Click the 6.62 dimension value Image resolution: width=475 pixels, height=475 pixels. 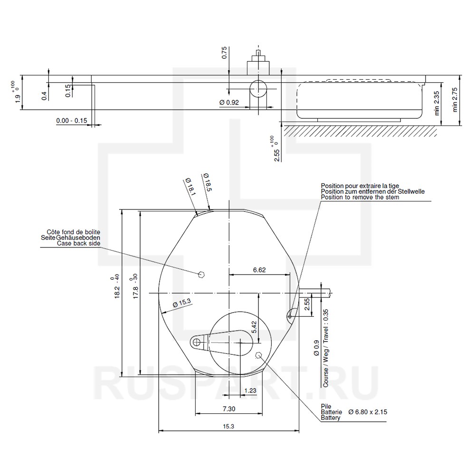click(x=259, y=270)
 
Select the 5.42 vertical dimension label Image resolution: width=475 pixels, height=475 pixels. click(x=254, y=327)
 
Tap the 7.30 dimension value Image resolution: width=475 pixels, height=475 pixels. click(x=229, y=409)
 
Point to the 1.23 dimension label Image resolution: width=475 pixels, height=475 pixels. click(x=250, y=390)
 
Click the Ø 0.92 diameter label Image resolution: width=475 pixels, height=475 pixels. click(x=229, y=103)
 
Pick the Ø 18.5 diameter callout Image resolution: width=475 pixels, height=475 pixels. click(x=207, y=182)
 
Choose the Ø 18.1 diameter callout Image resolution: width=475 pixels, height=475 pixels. click(x=190, y=186)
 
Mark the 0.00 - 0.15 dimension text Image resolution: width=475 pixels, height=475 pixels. click(x=72, y=121)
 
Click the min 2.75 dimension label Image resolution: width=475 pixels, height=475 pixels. click(x=455, y=100)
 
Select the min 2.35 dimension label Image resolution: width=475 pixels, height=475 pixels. click(x=437, y=103)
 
